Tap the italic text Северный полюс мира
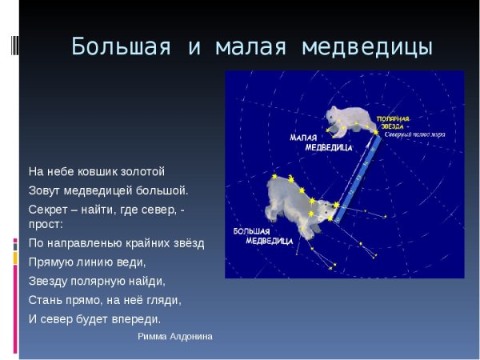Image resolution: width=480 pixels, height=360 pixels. click(414, 134)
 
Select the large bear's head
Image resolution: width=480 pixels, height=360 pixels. click(325, 210)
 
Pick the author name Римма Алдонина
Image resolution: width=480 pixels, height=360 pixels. click(175, 337)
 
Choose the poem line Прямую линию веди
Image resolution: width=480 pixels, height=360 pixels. click(87, 262)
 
